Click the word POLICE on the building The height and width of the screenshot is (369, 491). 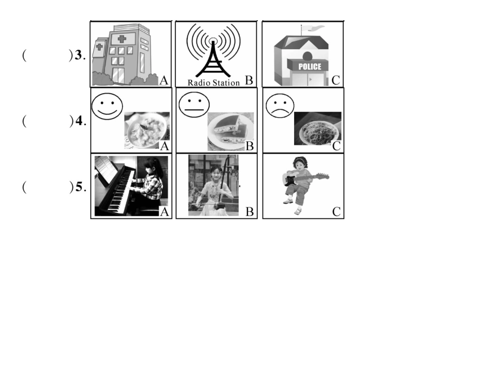(310, 66)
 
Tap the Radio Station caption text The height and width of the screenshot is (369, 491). (213, 83)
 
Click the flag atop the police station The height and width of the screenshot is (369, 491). (311, 28)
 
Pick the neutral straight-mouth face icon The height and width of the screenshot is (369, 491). (194, 105)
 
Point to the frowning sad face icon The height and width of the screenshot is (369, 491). (280, 105)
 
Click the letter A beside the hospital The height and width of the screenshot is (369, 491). (164, 81)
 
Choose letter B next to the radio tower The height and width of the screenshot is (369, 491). (249, 80)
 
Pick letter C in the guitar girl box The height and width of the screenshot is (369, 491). (336, 212)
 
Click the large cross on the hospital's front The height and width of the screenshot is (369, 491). (122, 39)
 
